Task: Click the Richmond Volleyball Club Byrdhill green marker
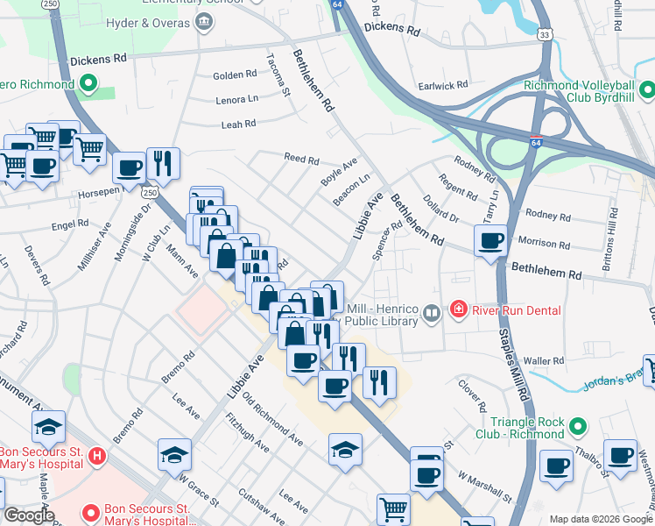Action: pyautogui.click(x=646, y=90)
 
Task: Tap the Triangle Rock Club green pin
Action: pyautogui.click(x=576, y=427)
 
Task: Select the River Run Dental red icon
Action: pyautogui.click(x=457, y=309)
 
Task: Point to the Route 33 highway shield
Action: pyautogui.click(x=545, y=34)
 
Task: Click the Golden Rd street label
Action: pyautogui.click(x=233, y=76)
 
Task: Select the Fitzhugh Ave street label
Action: pyautogui.click(x=248, y=432)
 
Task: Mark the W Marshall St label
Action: pyautogui.click(x=484, y=486)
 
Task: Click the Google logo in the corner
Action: pyautogui.click(x=29, y=515)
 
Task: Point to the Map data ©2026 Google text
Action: pyautogui.click(x=601, y=519)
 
